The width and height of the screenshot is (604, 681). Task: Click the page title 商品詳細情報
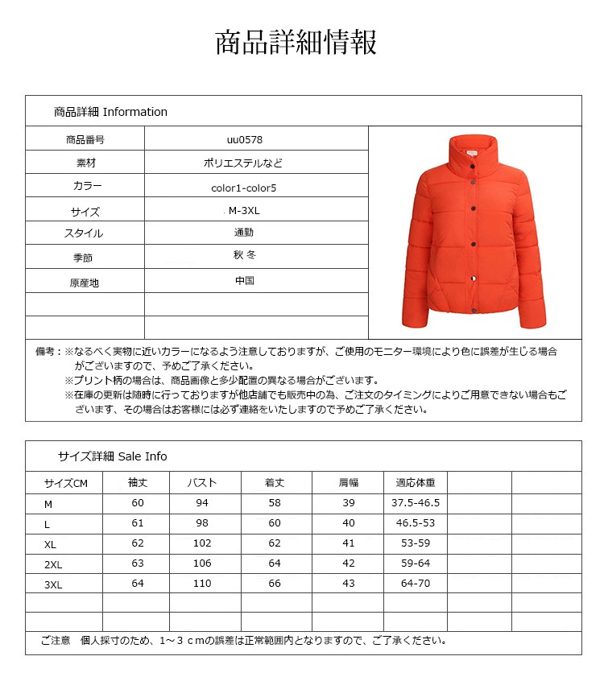click(296, 43)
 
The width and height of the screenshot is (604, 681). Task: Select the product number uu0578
click(244, 139)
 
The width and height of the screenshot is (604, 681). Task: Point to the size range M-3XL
click(244, 212)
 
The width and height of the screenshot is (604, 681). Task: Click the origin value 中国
click(244, 282)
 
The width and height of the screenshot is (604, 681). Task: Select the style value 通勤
click(244, 233)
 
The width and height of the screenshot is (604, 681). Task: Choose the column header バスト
click(202, 483)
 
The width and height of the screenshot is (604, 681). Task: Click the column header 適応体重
click(415, 483)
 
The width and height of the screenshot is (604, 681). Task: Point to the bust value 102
click(202, 543)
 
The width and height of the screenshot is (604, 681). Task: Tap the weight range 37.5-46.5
click(416, 503)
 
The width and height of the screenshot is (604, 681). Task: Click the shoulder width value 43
click(348, 584)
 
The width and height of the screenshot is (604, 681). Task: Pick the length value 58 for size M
click(275, 503)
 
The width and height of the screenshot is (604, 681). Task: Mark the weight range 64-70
click(416, 584)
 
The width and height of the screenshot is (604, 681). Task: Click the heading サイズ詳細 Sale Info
click(112, 456)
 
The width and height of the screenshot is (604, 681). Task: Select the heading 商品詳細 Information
click(110, 112)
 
